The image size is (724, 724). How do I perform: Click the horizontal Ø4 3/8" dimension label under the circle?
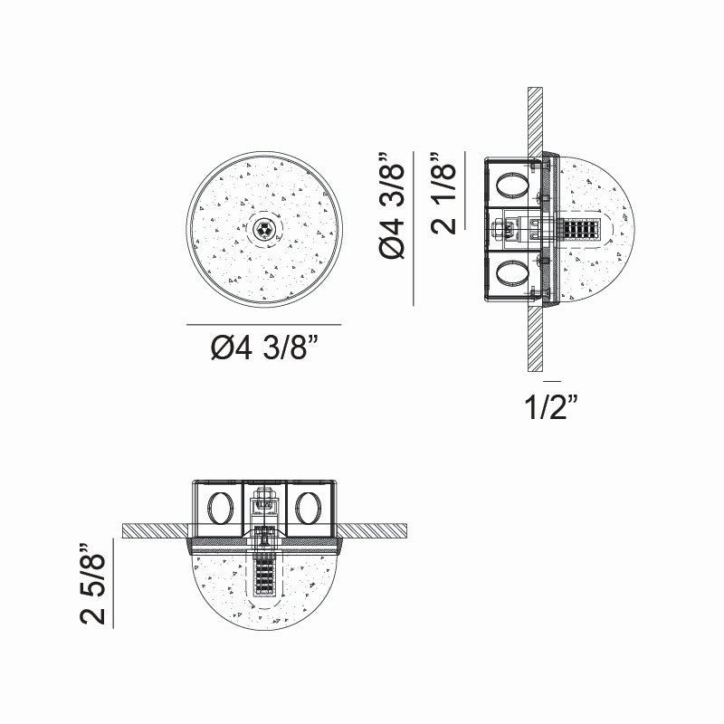point(263,349)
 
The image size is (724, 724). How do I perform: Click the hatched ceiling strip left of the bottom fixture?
point(154,529)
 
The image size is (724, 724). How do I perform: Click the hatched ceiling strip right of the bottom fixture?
point(376,529)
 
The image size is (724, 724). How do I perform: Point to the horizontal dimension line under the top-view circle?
point(263,324)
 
